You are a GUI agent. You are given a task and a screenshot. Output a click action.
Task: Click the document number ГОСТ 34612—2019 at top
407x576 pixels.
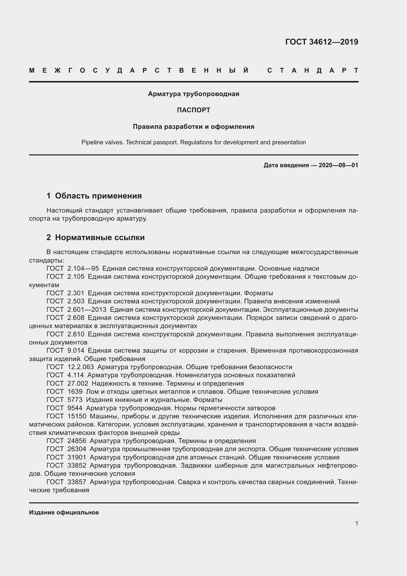coord(322,42)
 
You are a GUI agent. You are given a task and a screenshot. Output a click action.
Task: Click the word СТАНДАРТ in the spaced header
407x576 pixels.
coord(313,70)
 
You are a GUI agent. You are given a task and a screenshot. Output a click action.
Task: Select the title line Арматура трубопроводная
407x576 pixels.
coord(193,94)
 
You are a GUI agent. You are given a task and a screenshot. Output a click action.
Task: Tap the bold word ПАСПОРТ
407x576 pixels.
coord(193,110)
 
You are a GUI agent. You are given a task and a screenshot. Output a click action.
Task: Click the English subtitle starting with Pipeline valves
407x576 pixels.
coord(193,143)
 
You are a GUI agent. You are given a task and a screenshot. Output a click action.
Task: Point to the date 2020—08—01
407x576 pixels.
coord(338,165)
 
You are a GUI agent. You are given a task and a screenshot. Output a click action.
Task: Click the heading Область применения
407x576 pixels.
coord(98,196)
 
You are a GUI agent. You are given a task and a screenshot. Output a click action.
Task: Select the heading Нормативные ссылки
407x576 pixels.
coord(100,237)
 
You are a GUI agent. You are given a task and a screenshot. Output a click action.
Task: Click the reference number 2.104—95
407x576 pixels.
coord(83,269)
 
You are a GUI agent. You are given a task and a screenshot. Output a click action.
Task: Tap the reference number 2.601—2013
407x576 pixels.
coord(87,310)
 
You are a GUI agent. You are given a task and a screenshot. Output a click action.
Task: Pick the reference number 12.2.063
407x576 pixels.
coord(80,367)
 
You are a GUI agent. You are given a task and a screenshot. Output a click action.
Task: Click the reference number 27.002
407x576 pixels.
coord(78,383)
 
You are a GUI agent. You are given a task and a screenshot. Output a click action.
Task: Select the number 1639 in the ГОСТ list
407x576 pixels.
coord(75,392)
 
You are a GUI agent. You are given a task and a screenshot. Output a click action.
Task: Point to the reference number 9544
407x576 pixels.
coord(75,408)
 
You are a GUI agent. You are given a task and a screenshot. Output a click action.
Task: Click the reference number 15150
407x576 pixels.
coord(77,416)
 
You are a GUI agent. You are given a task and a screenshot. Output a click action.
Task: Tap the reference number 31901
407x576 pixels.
coord(77,457)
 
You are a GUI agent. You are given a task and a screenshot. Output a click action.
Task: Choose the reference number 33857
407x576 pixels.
coord(77,482)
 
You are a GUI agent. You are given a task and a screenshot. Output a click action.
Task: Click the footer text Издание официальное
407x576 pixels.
coord(64,512)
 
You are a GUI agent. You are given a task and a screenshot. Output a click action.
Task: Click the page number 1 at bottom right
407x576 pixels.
coord(357,524)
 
